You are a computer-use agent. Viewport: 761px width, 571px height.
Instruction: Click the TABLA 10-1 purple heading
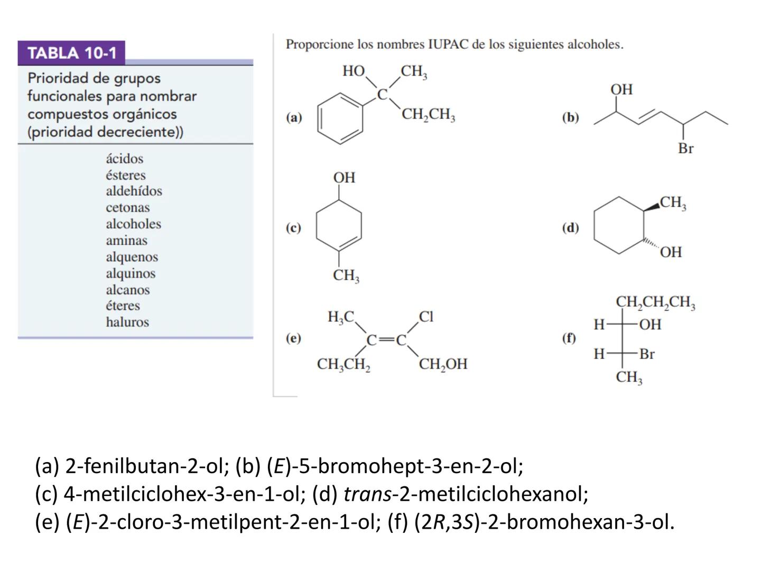71,53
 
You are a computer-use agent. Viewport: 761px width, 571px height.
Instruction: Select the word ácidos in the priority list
124,159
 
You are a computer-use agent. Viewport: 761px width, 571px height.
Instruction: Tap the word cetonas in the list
127,208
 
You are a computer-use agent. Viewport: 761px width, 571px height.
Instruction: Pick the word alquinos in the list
131,273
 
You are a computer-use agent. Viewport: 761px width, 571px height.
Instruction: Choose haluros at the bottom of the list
127,322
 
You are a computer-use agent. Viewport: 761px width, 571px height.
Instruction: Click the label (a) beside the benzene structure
294,117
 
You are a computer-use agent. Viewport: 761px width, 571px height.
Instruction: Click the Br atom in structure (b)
685,149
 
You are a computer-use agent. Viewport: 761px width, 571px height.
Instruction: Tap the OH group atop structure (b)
621,89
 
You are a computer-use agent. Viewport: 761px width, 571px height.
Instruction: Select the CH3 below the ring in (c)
346,275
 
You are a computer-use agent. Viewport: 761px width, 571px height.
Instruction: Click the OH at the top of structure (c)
344,178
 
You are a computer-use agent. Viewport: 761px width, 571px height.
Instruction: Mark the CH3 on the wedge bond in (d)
673,202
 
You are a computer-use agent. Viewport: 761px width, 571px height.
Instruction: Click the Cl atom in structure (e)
426,317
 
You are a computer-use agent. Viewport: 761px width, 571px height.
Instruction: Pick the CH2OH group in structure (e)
443,364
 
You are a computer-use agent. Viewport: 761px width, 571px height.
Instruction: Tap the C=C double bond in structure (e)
386,340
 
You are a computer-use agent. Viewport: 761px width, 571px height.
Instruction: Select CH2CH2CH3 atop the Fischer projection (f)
655,302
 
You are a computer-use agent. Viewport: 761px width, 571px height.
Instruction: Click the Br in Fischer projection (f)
647,354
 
